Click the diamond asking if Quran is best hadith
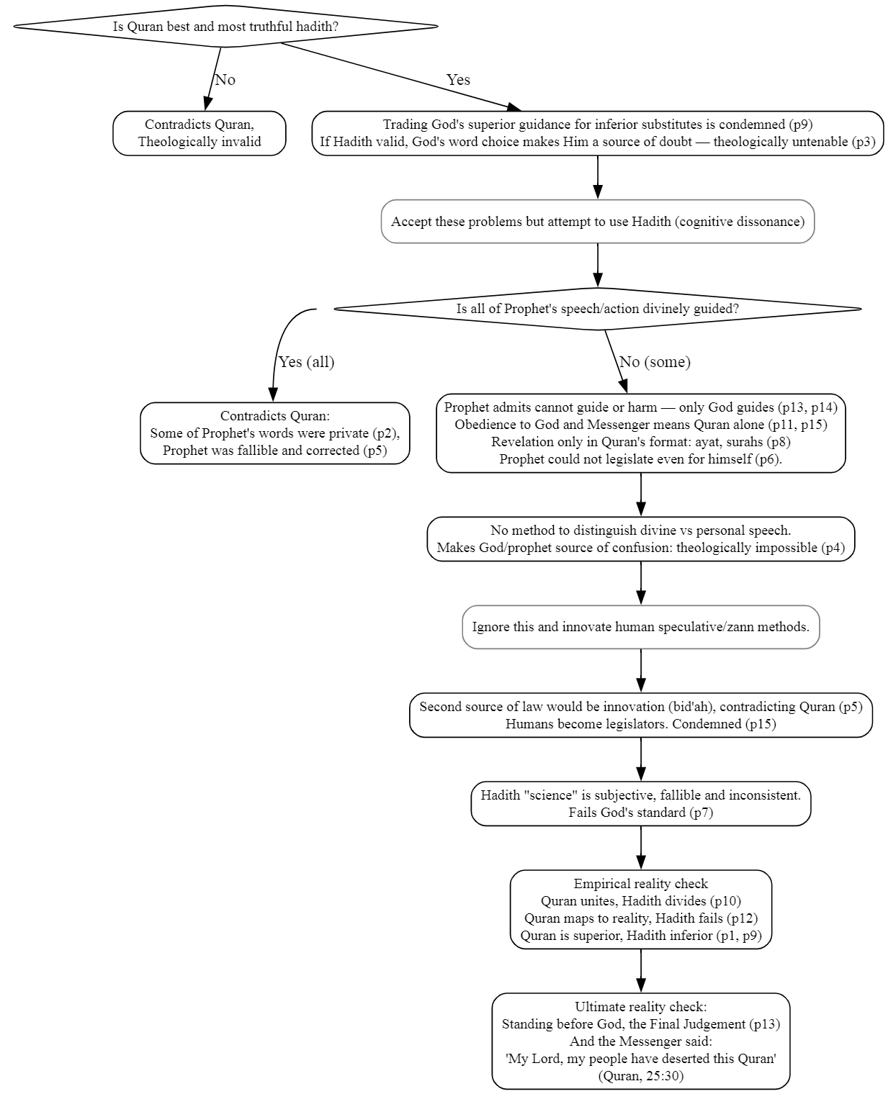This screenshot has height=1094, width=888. pos(225,27)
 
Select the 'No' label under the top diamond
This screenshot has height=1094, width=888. pos(225,80)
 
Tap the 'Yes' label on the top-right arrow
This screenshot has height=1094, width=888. pos(458,80)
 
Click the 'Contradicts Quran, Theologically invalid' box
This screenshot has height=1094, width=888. pos(199,133)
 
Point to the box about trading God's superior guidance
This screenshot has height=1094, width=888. pos(597,133)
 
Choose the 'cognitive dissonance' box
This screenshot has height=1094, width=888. pos(597,222)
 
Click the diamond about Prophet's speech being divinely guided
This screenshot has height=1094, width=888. pos(597,309)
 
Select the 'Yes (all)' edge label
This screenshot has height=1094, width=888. pos(306,362)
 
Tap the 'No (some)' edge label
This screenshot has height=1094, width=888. pos(655,362)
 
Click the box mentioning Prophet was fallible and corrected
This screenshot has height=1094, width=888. pos(274,433)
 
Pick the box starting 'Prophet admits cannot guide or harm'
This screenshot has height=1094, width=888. pos(640,433)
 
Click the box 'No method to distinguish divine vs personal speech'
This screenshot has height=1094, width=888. pos(640,539)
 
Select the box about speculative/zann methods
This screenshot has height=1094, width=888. pos(640,627)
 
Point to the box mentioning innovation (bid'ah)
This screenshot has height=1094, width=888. pos(640,715)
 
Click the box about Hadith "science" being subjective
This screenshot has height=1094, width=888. pos(640,804)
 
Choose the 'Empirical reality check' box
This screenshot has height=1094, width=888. pos(640,910)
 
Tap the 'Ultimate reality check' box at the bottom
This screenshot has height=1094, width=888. pos(640,1041)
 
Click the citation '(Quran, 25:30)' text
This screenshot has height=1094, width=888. pos(640,1076)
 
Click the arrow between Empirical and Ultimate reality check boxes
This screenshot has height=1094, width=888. pos(640,971)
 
